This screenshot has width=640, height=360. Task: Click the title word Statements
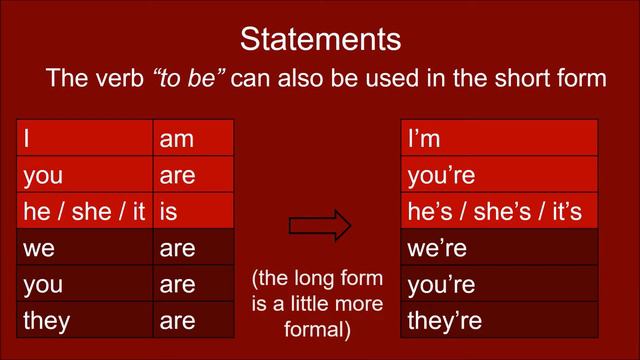coord(320,40)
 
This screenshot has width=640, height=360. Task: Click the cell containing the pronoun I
coord(86,139)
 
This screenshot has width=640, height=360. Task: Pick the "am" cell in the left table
coord(194,139)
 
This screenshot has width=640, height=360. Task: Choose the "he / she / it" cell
coord(86,211)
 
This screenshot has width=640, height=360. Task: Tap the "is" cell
coord(194,211)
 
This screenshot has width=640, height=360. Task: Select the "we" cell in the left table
coord(86,247)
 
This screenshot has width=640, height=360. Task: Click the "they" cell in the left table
coord(86,320)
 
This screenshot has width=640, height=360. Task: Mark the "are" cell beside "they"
coord(194,320)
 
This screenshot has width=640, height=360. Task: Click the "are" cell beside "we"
coord(194,247)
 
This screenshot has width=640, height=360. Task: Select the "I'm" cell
coord(499,139)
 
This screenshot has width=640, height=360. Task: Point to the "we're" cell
coord(499,247)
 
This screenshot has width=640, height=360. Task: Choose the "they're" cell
coord(499,320)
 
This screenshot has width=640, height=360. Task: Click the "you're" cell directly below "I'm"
coord(499,175)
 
